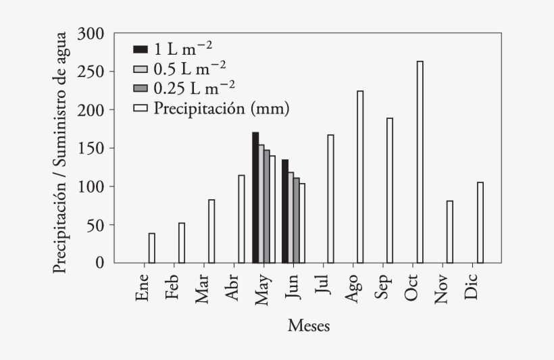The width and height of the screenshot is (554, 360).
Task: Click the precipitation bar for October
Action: (x=420, y=162)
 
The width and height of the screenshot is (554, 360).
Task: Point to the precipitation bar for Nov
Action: (x=450, y=232)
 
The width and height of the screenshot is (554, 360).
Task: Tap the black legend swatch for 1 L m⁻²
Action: (x=141, y=49)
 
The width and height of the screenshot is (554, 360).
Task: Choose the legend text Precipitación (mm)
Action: (x=222, y=108)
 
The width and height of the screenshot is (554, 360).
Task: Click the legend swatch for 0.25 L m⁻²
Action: (x=141, y=88)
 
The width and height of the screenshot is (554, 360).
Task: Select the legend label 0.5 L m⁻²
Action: (x=190, y=68)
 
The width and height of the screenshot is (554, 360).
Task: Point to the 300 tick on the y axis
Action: (x=91, y=33)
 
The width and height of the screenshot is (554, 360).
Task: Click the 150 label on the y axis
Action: (x=91, y=148)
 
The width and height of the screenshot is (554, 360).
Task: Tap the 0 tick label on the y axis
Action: (x=100, y=263)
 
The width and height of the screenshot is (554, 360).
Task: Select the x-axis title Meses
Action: (x=309, y=326)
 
